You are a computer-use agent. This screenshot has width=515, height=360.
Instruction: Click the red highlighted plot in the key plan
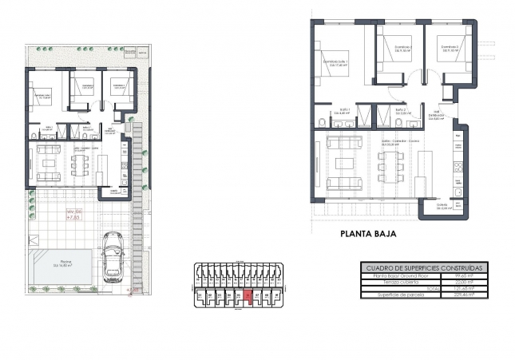pos(248,297)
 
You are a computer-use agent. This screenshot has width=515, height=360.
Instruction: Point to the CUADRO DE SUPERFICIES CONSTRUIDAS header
pos(422,268)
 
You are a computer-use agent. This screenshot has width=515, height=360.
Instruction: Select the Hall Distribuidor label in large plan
pos(436,115)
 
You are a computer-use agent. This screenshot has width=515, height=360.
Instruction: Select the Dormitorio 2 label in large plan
pos(402,48)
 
